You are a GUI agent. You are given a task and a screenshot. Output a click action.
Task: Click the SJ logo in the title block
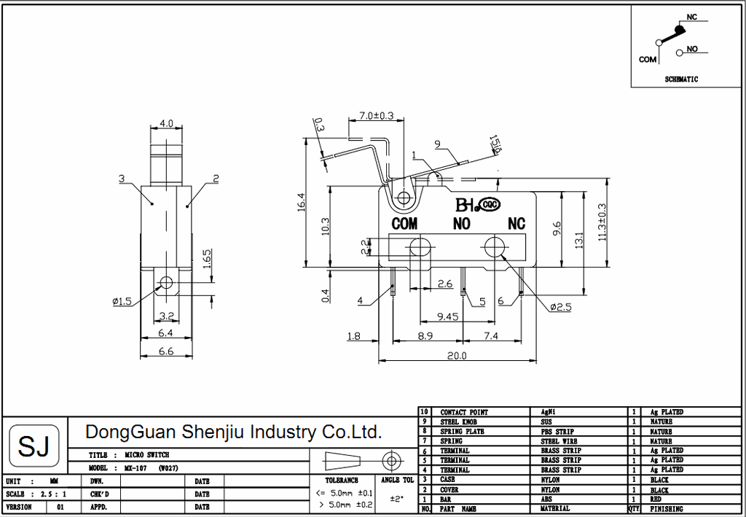click(x=34, y=445)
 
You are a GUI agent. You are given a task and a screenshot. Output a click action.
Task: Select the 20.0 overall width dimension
click(x=457, y=356)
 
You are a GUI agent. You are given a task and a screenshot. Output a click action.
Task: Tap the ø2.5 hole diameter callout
click(x=560, y=307)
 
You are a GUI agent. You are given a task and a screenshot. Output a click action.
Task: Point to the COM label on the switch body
click(x=405, y=224)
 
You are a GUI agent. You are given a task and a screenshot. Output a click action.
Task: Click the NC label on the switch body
click(x=517, y=223)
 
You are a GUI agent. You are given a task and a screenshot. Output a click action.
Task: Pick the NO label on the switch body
click(x=462, y=224)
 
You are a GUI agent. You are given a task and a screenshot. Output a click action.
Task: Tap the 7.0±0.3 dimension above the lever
click(x=377, y=116)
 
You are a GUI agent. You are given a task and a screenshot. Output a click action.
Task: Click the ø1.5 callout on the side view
click(x=122, y=301)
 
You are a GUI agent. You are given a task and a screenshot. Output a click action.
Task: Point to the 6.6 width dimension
click(x=167, y=351)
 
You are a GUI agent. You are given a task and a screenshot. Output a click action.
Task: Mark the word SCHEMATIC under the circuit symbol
click(x=681, y=79)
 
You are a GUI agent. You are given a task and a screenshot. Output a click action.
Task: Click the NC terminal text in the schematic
click(x=692, y=16)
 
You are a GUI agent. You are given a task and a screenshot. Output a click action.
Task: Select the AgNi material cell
click(x=547, y=413)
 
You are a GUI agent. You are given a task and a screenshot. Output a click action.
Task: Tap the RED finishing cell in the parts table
click(x=656, y=499)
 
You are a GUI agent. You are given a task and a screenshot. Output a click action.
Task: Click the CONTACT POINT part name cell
click(x=464, y=413)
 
